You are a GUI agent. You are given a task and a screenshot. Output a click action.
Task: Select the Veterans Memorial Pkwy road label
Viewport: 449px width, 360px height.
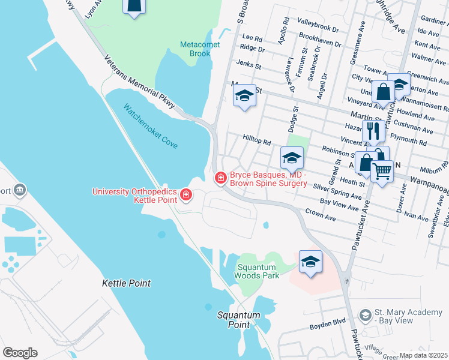140,83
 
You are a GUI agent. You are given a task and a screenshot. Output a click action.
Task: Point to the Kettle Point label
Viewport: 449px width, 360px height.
126,283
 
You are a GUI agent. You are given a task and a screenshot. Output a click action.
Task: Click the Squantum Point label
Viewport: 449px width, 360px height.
239,320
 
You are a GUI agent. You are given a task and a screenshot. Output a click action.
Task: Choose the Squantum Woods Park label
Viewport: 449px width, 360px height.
258,272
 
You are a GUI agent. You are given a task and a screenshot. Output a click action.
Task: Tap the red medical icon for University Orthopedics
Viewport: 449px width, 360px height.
186,194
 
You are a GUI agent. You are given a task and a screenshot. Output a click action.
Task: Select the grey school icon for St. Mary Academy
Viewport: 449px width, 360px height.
364,316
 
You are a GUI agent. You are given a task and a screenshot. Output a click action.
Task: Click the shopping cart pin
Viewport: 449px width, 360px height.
382,171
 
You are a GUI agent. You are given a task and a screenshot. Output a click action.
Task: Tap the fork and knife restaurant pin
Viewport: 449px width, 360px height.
375,130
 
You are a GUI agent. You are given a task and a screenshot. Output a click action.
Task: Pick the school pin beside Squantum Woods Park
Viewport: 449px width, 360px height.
310,262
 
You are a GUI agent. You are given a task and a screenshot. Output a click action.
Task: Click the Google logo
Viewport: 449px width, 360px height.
20,353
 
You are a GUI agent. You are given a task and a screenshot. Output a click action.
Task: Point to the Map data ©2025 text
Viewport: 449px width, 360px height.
423,355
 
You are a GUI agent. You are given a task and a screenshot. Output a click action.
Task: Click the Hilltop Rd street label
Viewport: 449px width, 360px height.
257,139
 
